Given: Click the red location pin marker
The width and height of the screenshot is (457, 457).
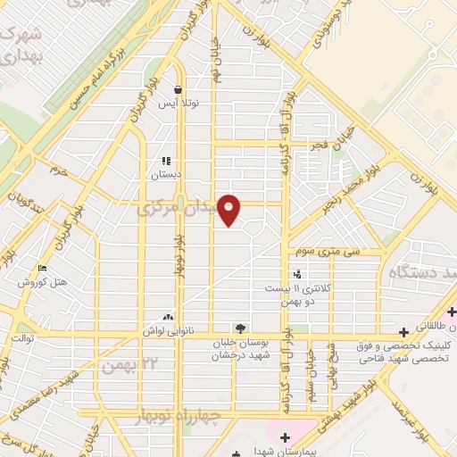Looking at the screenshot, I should (230, 209).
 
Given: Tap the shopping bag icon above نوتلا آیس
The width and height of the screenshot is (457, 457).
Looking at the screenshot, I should (179, 90).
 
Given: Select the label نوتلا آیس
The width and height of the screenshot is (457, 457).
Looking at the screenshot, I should (179, 104).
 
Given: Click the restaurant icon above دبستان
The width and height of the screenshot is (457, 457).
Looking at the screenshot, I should (166, 161).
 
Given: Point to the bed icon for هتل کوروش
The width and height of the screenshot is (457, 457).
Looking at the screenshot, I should (42, 269).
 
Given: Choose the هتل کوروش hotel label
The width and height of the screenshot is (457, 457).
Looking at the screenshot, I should (48, 283).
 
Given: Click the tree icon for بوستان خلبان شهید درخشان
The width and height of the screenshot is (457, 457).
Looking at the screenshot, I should (238, 328).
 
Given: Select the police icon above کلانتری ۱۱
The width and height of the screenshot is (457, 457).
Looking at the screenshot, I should (297, 274).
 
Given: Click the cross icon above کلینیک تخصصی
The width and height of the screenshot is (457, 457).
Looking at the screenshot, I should (403, 330).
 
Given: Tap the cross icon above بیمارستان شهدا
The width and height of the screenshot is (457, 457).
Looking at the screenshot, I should (285, 436).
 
